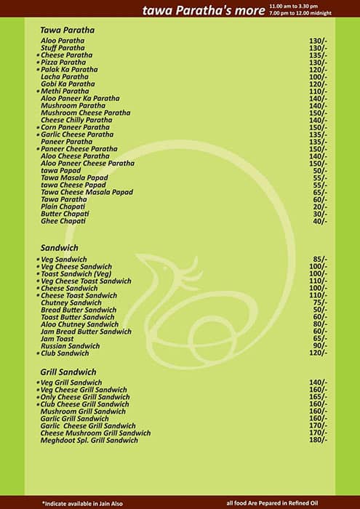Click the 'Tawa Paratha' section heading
click(x=68, y=30)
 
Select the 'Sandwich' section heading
click(x=59, y=248)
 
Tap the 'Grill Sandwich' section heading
click(x=68, y=372)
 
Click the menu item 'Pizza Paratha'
click(x=63, y=63)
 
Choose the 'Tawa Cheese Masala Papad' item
click(x=87, y=192)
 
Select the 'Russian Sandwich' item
click(x=71, y=346)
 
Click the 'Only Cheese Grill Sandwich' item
click(x=85, y=397)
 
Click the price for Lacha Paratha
click(x=318, y=77)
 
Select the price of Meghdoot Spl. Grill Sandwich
click(x=318, y=440)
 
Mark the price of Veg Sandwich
click(x=320, y=260)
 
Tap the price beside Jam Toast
click(x=320, y=339)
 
